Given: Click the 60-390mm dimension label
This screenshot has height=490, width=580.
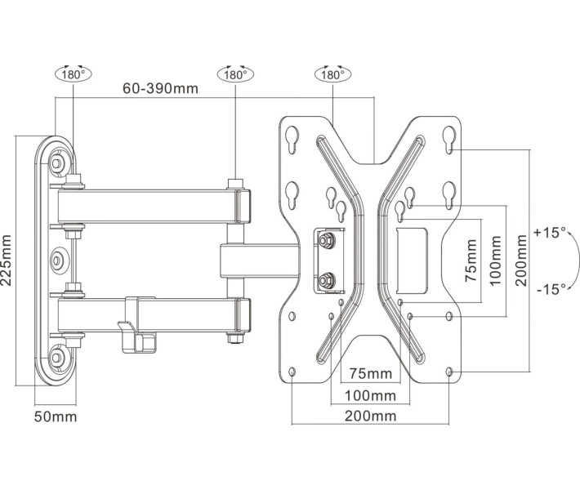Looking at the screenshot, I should coord(162,88).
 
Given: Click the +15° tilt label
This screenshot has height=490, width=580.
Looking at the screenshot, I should coord(549,233).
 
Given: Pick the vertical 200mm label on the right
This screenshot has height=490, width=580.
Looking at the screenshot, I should coord(520,257).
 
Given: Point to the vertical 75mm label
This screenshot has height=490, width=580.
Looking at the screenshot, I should coord(471,260).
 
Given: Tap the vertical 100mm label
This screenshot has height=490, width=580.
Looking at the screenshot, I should coord(494,260).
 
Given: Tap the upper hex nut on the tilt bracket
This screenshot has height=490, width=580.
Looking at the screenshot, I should coord(327,240).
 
